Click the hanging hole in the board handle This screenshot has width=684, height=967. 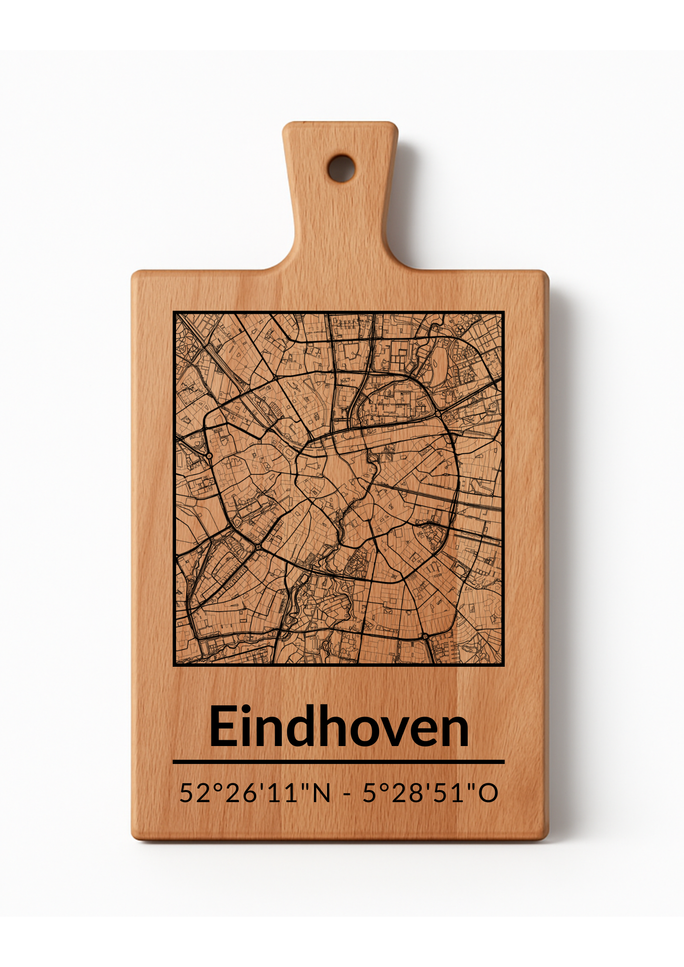[342, 168]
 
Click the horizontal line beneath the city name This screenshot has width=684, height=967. [339, 762]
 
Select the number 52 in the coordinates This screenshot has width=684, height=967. [191, 793]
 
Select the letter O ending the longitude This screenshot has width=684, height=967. [488, 793]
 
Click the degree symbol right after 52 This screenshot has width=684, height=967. [213, 787]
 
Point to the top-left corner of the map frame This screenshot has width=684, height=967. [174, 312]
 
